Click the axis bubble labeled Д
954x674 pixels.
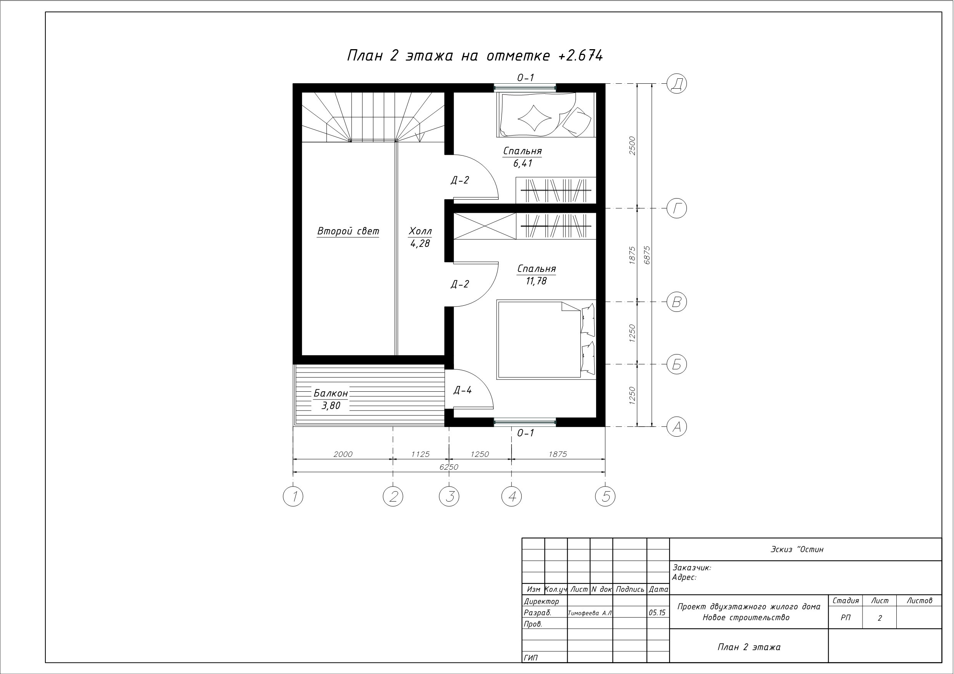click(676, 83)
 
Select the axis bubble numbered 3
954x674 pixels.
click(449, 496)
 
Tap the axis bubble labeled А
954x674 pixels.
click(676, 427)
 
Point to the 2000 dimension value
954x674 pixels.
click(343, 454)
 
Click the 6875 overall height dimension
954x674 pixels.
click(647, 255)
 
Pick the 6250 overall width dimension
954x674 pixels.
click(449, 467)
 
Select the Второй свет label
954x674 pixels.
click(348, 231)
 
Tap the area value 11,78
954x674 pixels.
click(537, 281)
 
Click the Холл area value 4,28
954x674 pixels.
click(420, 244)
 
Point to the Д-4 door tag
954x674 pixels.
click(462, 390)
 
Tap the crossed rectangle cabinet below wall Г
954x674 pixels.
click(484, 226)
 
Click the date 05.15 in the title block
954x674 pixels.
click(657, 613)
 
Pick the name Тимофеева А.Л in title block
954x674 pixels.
click(590, 613)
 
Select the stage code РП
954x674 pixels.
click(846, 618)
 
